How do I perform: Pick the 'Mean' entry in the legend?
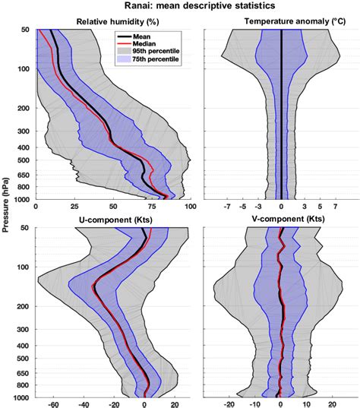(x=148, y=35)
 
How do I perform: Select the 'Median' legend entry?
(x=151, y=44)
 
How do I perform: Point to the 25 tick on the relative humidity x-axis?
(x=74, y=207)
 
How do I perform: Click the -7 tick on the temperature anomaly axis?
(x=227, y=207)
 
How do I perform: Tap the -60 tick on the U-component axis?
(x=53, y=405)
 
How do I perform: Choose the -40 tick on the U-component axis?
(x=84, y=405)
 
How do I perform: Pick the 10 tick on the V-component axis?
(x=306, y=405)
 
